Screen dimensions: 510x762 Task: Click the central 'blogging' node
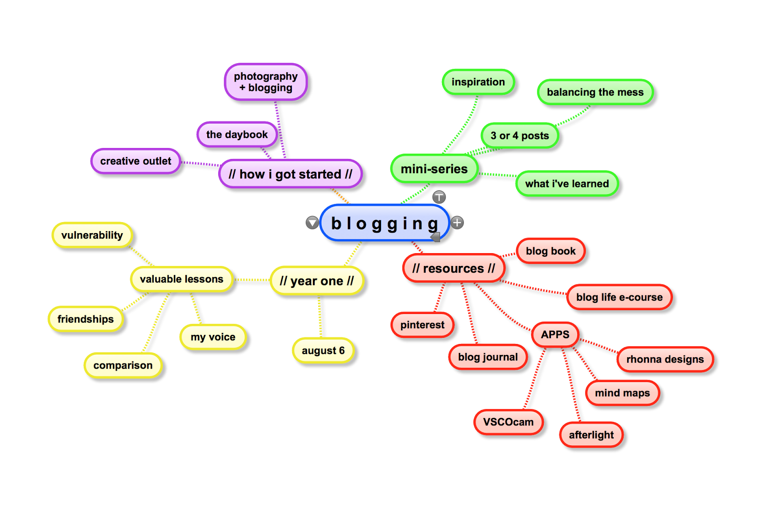384,223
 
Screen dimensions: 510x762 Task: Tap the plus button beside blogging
457,222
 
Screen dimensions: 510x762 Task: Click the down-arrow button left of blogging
312,222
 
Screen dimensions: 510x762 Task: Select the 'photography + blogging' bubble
266,82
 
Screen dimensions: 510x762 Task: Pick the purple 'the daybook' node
237,135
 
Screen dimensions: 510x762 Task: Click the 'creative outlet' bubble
135,161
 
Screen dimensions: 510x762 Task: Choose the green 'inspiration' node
478,82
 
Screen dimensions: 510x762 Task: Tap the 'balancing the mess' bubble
595,92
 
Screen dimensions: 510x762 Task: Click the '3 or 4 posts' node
520,136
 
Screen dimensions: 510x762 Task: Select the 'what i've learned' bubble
567,184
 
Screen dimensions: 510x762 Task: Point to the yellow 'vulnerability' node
92,235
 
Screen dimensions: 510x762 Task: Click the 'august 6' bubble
323,351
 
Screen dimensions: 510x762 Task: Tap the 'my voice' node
213,337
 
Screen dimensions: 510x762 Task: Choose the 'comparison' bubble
123,365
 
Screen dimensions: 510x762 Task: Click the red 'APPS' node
555,334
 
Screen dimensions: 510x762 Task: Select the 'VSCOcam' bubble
508,422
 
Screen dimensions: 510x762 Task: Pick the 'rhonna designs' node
665,359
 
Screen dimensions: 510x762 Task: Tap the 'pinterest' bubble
422,325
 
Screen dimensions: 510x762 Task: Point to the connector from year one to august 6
320,316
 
